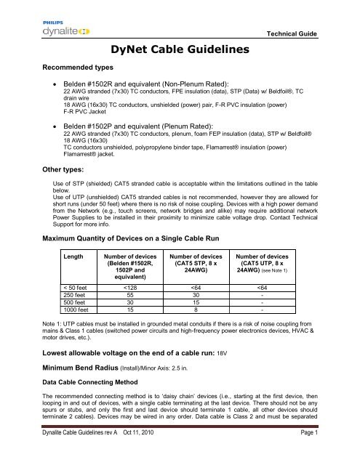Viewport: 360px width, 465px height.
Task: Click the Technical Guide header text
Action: coord(316,34)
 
